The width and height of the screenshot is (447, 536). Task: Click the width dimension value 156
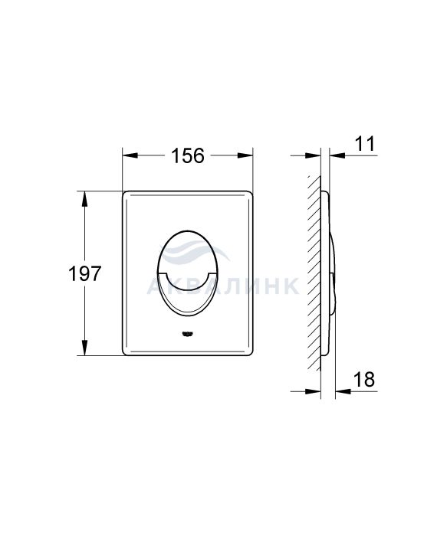point(187,155)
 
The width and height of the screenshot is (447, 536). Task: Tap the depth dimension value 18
point(364,380)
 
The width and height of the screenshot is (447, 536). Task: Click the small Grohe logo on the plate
point(188,334)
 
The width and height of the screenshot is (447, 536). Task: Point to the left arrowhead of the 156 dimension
point(130,155)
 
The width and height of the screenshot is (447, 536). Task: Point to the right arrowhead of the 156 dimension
point(245,155)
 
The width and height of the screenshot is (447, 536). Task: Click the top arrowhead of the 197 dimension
point(84,198)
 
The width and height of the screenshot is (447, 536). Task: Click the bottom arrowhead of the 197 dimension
point(84,348)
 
